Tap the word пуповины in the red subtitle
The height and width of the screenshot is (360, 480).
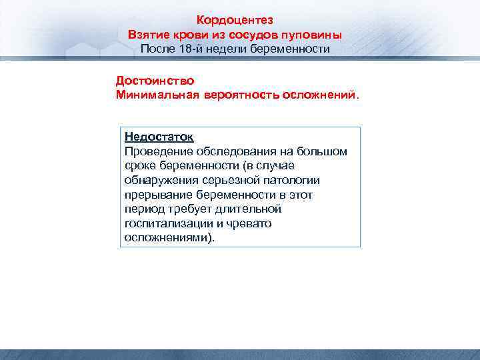315,35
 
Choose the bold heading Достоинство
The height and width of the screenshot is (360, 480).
155,81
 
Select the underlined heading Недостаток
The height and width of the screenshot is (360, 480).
159,137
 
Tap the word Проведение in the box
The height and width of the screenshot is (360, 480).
155,151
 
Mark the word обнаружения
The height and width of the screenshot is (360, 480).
160,180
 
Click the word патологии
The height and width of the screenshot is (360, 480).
291,180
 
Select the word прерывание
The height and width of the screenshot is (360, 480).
157,195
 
